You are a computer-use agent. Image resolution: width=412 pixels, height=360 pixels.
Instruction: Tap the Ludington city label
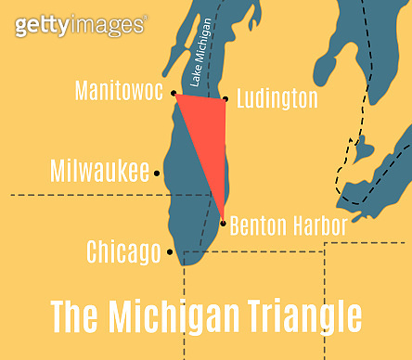(x=277, y=98)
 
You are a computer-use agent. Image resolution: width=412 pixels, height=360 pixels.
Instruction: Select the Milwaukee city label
(x=99, y=171)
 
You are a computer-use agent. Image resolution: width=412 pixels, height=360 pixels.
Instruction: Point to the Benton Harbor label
(x=288, y=225)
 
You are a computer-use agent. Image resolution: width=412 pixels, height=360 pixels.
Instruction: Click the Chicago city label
(x=122, y=251)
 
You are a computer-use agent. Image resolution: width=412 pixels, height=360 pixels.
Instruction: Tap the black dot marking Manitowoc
(x=174, y=93)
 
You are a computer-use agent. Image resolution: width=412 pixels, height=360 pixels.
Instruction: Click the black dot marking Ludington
(x=225, y=99)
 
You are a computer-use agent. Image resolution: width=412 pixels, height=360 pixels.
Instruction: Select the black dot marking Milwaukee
(x=158, y=173)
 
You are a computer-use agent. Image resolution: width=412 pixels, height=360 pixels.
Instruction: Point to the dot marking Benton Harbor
(x=223, y=222)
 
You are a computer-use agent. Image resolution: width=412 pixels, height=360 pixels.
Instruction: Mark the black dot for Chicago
(x=170, y=251)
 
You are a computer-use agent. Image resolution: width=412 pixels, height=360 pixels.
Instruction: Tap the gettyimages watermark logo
(x=80, y=25)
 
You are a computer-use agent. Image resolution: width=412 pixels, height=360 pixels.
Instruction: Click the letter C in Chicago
(x=93, y=251)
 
